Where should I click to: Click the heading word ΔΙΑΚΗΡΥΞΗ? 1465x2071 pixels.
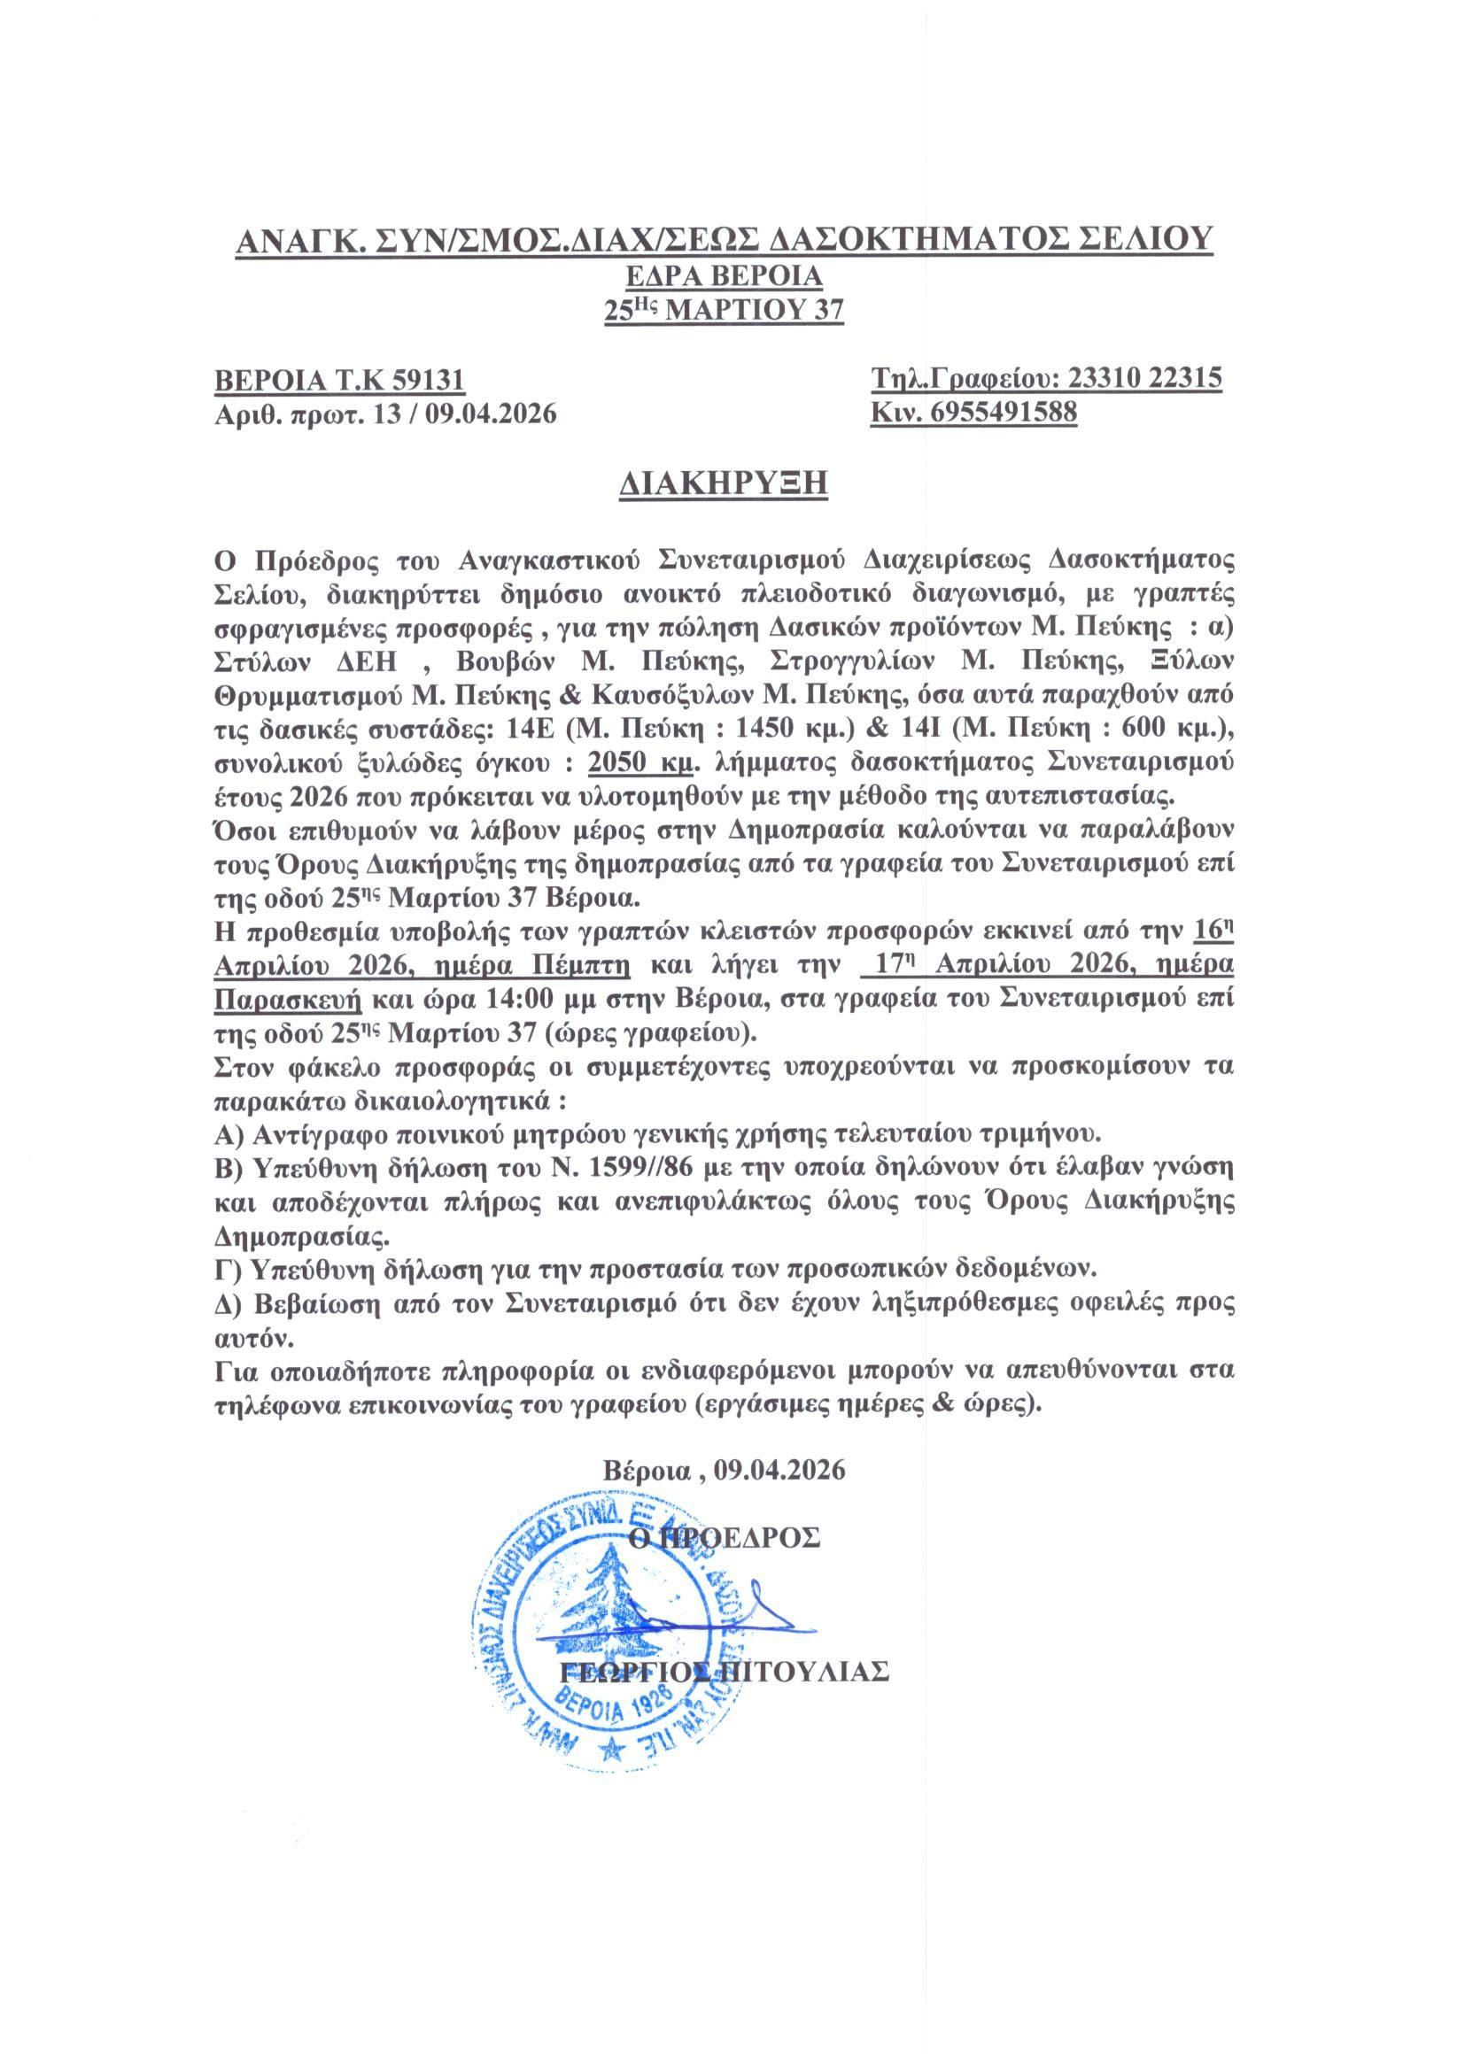(x=724, y=483)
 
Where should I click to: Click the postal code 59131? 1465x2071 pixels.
(x=428, y=380)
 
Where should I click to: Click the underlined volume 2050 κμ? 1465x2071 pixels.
(x=640, y=762)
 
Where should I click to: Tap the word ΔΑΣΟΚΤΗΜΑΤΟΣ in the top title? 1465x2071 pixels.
(x=908, y=238)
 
